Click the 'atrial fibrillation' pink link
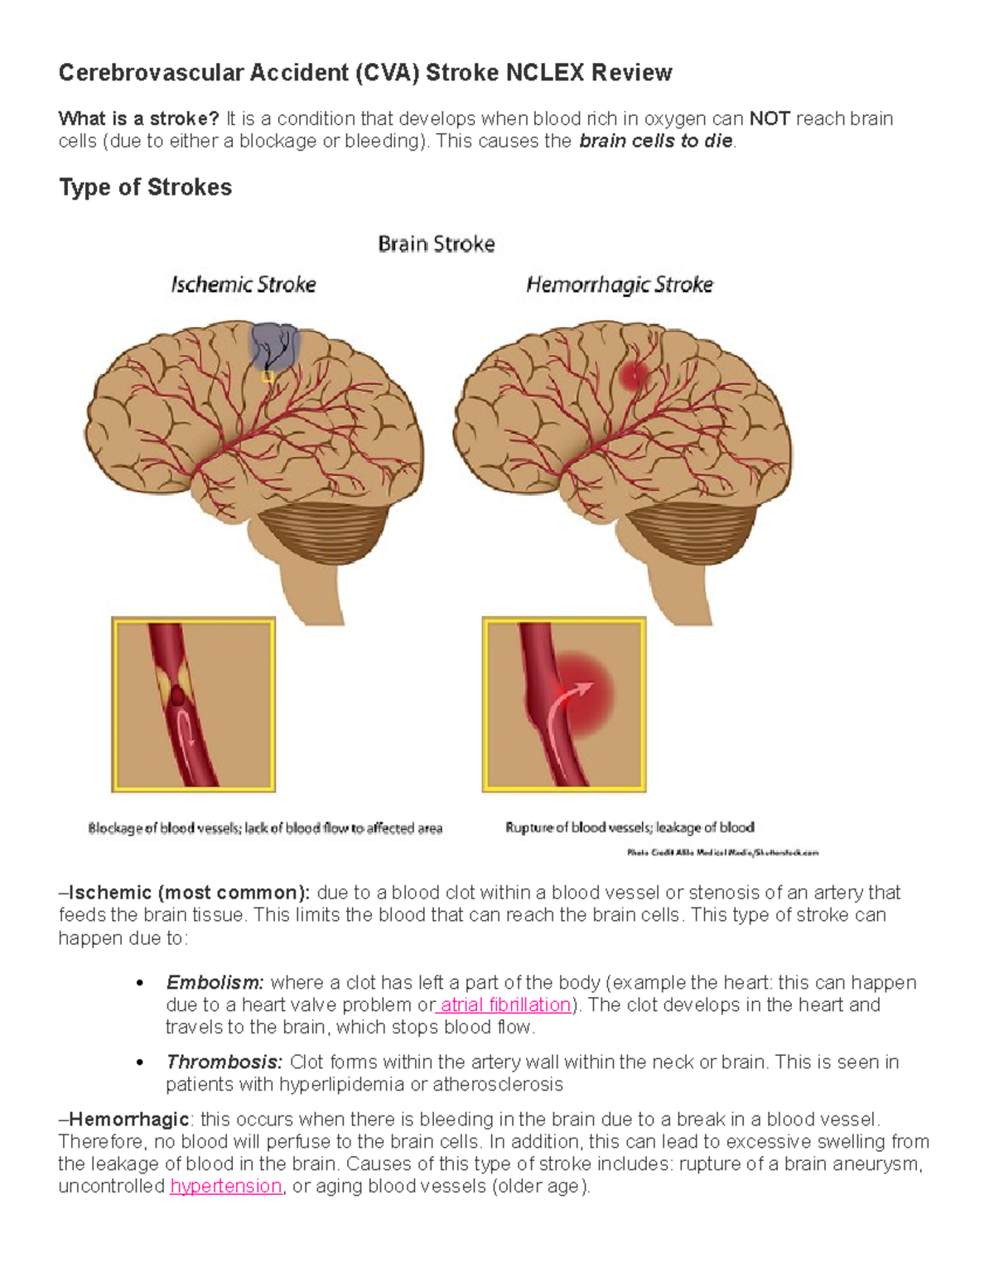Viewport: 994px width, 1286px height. (505, 1005)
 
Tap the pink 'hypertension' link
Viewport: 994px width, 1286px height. (226, 1187)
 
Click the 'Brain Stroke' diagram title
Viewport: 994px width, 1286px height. (437, 244)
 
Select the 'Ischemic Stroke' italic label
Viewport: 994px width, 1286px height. (244, 285)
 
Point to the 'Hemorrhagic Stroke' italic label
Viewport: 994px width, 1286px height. (620, 285)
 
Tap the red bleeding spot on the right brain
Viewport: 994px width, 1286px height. (634, 377)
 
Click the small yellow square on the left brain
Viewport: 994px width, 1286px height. (268, 377)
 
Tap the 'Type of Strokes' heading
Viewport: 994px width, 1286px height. (145, 187)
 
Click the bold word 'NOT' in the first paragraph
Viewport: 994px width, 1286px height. (770, 119)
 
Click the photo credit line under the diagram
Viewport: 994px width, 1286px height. (722, 852)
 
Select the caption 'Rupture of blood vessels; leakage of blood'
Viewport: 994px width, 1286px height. (630, 827)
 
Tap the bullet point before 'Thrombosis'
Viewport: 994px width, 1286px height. (140, 1063)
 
